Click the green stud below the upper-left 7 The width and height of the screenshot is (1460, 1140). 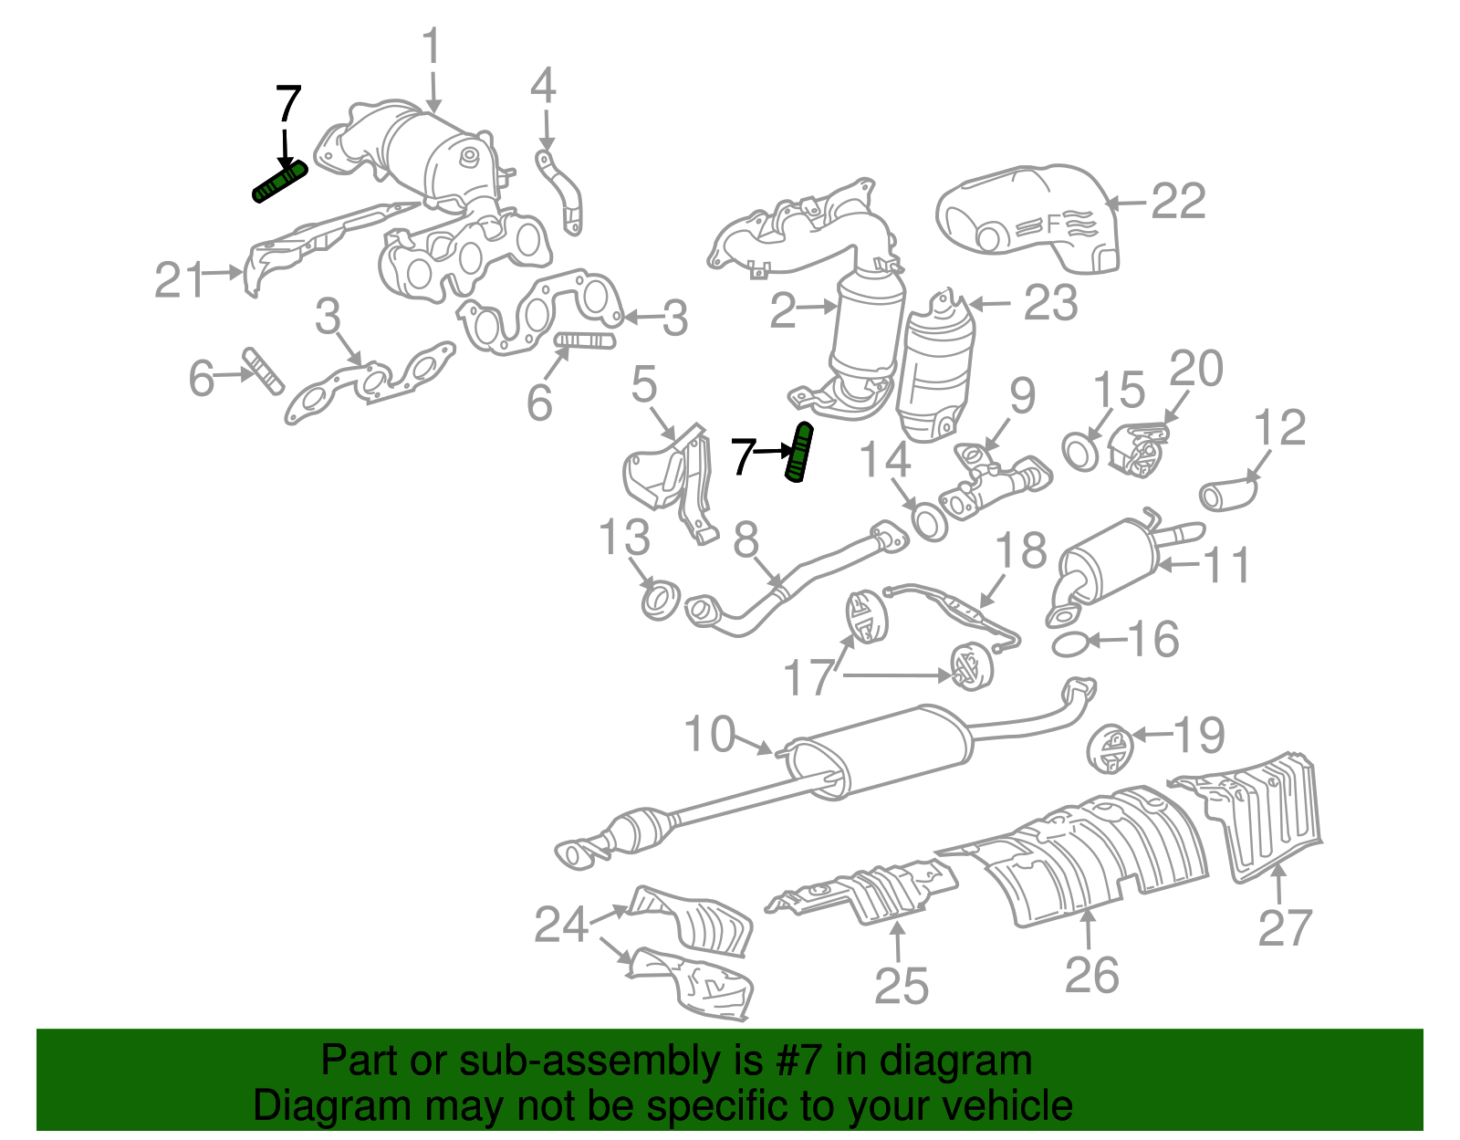(x=279, y=181)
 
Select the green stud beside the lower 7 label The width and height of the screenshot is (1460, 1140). (x=798, y=453)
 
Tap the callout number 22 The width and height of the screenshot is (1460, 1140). (x=1178, y=202)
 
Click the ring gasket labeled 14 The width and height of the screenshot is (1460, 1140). (x=929, y=522)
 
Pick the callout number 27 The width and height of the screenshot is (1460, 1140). (x=1285, y=927)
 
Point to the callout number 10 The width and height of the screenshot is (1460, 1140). (x=710, y=735)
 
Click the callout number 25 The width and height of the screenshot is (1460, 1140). (x=902, y=987)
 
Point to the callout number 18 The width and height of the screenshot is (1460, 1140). (x=1020, y=551)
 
